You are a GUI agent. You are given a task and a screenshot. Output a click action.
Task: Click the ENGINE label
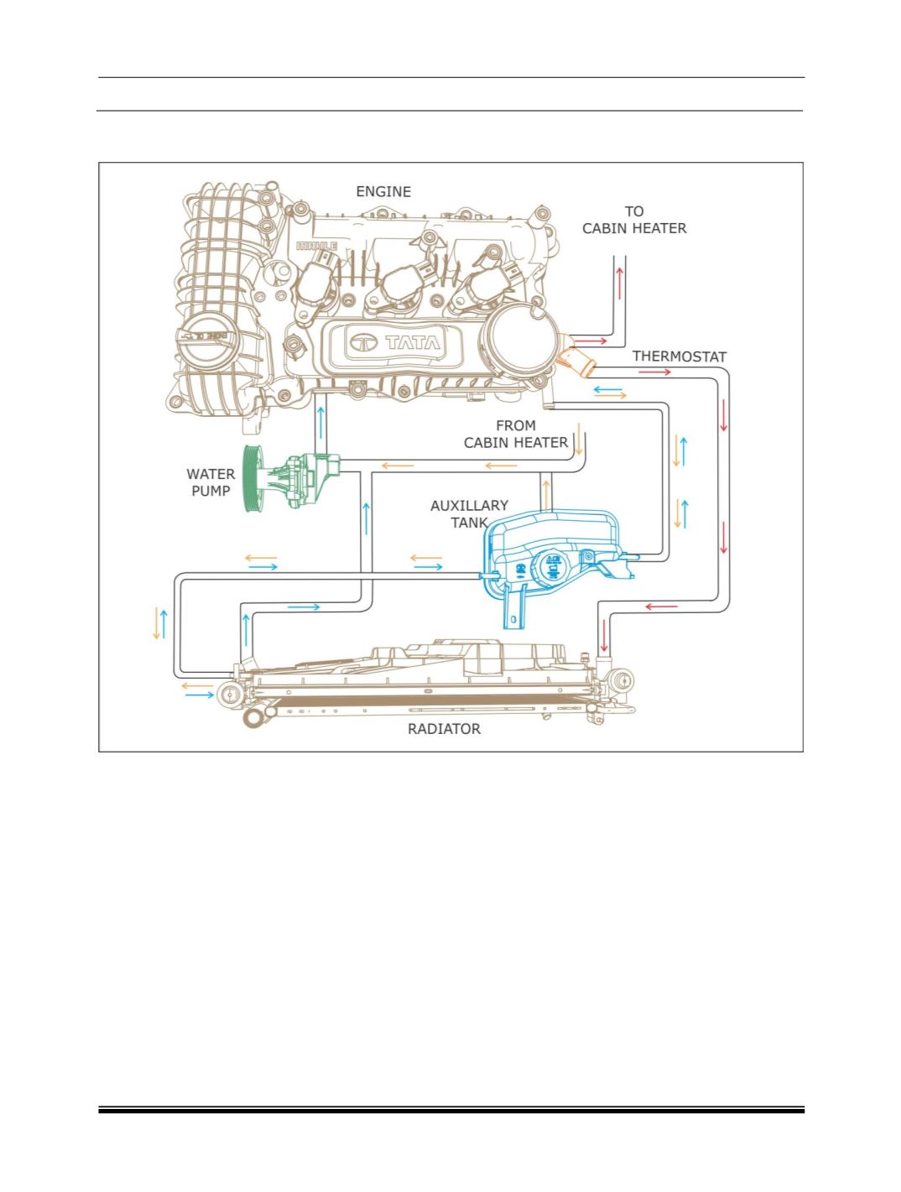point(383,192)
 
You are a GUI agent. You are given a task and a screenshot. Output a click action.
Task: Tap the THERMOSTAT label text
point(679,357)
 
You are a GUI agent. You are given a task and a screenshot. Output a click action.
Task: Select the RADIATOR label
point(444,729)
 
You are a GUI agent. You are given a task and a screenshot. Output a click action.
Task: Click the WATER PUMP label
point(211,482)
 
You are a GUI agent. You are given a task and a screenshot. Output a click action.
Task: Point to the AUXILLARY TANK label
point(469,513)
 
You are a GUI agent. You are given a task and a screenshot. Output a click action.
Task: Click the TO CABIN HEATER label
point(634,220)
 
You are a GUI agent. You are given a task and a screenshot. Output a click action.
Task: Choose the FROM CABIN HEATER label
point(515,434)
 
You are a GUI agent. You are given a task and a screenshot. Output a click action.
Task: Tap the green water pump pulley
point(253,477)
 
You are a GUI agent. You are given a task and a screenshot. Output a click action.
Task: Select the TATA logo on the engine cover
point(394,342)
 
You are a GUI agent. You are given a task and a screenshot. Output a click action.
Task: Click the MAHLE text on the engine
point(316,246)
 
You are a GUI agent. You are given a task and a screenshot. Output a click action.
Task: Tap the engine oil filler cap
point(207,341)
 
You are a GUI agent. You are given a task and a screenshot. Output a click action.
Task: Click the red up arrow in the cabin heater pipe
point(619,283)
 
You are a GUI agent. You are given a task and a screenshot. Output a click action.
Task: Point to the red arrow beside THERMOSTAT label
point(654,372)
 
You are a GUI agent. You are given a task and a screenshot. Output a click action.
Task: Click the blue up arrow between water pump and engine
point(321,422)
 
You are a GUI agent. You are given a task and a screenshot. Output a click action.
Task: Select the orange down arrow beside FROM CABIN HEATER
point(578,438)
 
